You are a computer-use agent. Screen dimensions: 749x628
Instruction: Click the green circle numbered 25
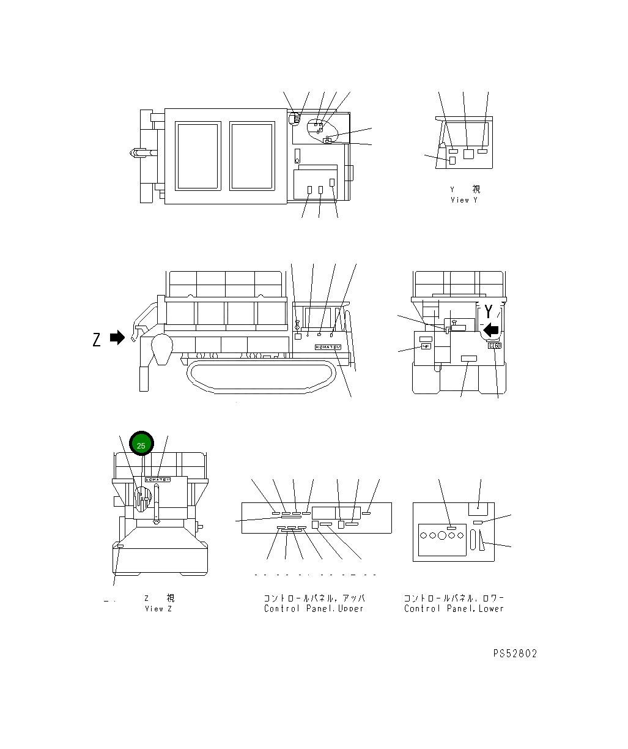pyautogui.click(x=141, y=445)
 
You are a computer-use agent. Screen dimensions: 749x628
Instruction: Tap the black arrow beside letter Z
pyautogui.click(x=117, y=338)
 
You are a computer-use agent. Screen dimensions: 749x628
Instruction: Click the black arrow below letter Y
pyautogui.click(x=490, y=331)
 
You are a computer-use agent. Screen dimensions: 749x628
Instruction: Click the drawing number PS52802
pyautogui.click(x=515, y=654)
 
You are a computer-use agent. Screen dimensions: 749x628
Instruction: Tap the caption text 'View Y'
pyautogui.click(x=460, y=200)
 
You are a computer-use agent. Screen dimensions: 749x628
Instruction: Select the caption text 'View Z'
pyautogui.click(x=158, y=609)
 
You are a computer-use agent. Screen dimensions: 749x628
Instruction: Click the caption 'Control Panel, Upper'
pyautogui.click(x=314, y=609)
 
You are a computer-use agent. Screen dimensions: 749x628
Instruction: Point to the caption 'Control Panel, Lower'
pyautogui.click(x=454, y=609)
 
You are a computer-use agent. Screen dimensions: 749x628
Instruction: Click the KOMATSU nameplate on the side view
pyautogui.click(x=328, y=347)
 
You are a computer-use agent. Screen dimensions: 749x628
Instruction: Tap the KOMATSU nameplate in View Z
pyautogui.click(x=158, y=480)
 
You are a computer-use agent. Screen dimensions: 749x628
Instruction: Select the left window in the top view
pyautogui.click(x=198, y=156)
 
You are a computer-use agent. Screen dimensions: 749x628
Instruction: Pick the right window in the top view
pyautogui.click(x=252, y=156)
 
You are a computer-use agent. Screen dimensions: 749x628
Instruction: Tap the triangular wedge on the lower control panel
pyautogui.click(x=484, y=541)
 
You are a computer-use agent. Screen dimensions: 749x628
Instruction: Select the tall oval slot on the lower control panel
pyautogui.click(x=473, y=540)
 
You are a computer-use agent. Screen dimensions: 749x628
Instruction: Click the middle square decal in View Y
pyautogui.click(x=468, y=154)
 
